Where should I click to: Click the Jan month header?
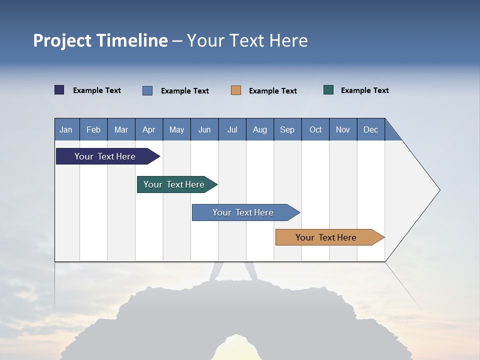pyautogui.click(x=66, y=129)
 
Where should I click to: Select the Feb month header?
pyautogui.click(x=93, y=129)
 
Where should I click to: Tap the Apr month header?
pyautogui.click(x=149, y=129)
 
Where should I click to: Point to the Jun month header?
pyautogui.click(x=204, y=129)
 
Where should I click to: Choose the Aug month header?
pyautogui.click(x=260, y=129)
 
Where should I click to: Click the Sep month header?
pyautogui.click(x=287, y=129)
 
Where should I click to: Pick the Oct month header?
pyautogui.click(x=315, y=129)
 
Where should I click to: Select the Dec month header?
pyautogui.click(x=371, y=129)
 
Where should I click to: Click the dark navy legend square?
pyautogui.click(x=59, y=90)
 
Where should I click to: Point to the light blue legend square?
pyautogui.click(x=147, y=90)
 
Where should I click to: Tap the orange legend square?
pyautogui.click(x=236, y=90)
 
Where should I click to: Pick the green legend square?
pyautogui.click(x=328, y=90)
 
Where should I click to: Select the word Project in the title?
pyautogui.click(x=62, y=40)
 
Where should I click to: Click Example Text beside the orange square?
pyautogui.click(x=273, y=91)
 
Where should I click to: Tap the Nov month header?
pyautogui.click(x=343, y=129)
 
